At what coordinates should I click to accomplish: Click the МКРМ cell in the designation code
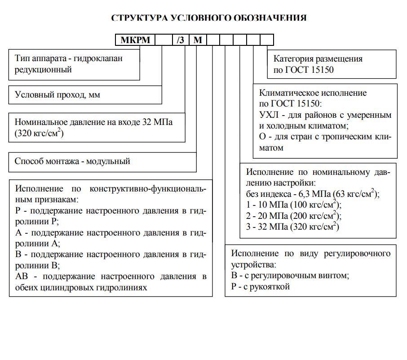(x=135, y=40)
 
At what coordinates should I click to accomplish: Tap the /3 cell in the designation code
(x=181, y=40)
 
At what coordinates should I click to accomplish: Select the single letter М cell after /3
(x=198, y=40)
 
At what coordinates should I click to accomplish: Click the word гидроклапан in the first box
(x=99, y=58)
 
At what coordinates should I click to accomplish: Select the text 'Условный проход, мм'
(x=58, y=95)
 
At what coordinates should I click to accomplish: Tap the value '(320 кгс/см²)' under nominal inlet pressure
(x=39, y=133)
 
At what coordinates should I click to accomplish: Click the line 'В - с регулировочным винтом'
(x=290, y=275)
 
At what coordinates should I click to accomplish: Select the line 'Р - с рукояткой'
(x=261, y=286)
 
